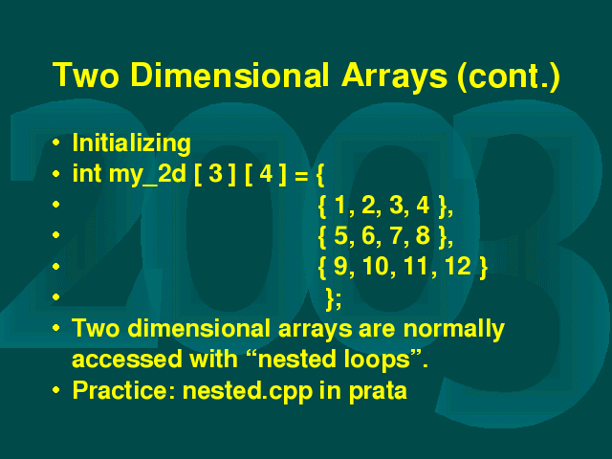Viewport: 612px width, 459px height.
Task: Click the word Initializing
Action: [132, 143]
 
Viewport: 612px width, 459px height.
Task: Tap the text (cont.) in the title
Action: [509, 76]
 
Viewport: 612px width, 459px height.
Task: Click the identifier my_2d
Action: [147, 174]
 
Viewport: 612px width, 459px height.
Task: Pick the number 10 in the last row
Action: [376, 266]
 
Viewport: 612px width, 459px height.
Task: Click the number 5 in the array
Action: [340, 236]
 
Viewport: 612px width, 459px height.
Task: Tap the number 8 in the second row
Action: [423, 236]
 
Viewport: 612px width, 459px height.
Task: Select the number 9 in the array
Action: [340, 266]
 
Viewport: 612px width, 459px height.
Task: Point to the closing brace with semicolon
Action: [334, 299]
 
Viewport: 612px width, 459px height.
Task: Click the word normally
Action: [454, 329]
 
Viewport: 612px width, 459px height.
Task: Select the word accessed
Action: [127, 360]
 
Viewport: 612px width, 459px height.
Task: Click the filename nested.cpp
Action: [248, 391]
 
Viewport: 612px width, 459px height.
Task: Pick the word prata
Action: [378, 391]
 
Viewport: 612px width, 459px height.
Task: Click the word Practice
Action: [123, 390]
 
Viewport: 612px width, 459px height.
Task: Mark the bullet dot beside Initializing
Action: [55, 142]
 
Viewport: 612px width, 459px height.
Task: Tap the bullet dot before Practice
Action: [55, 389]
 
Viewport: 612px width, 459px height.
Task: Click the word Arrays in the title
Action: [394, 76]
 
